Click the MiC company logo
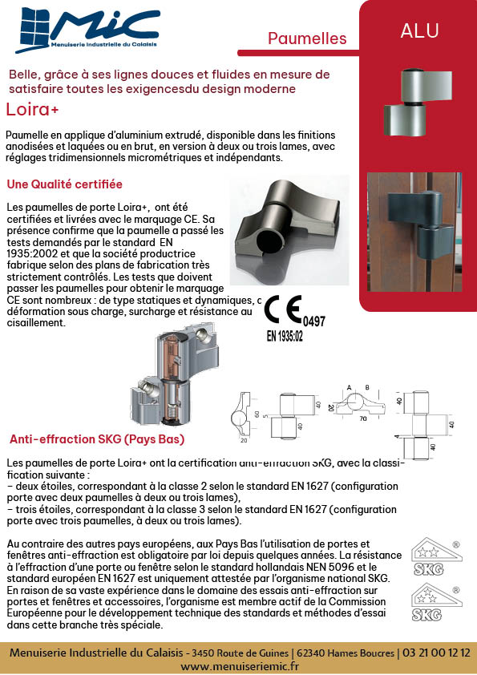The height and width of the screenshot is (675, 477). coord(88,30)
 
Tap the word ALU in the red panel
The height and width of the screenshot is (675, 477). coord(419,31)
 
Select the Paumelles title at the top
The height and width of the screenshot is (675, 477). coord(307,38)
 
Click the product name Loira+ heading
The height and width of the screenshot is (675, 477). coord(32,109)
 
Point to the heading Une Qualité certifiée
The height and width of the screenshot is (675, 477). coord(65,184)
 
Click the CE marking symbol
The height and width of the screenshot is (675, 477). coord(282,309)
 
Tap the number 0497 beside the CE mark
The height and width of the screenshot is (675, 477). coord(313,321)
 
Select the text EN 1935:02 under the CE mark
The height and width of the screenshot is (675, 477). coord(285,336)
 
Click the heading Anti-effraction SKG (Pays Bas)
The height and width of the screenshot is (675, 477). coord(97,439)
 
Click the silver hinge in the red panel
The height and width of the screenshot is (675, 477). coord(418,101)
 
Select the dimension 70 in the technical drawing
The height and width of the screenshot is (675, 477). coord(363,418)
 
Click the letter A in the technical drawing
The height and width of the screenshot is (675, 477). coord(350,388)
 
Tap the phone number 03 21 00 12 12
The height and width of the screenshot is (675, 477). coord(436,653)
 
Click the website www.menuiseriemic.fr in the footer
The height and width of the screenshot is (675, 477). coord(240,666)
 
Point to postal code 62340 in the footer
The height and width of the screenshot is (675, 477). coord(312,653)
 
